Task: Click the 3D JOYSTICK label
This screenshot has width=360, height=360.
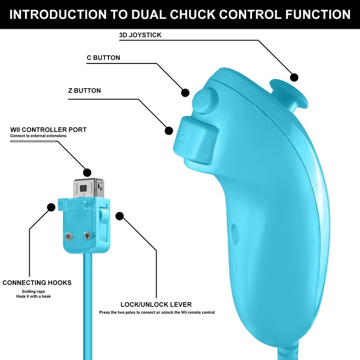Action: tap(140, 35)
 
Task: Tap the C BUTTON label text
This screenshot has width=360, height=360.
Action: tap(103, 58)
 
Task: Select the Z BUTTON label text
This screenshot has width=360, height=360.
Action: tap(85, 90)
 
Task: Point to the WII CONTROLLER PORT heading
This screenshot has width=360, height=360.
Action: tap(48, 130)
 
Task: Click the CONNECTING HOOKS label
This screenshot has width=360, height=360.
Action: tap(37, 283)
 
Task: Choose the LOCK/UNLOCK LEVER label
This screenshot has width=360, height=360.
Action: tap(156, 305)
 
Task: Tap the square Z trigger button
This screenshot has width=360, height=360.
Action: tap(196, 139)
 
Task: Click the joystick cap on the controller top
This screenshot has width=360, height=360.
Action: tap(288, 93)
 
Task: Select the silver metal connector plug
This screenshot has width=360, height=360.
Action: tap(88, 188)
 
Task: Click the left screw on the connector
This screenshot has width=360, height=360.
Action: tap(69, 236)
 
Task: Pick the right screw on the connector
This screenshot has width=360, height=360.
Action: tap(87, 235)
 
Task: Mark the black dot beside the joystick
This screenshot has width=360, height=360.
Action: tap(294, 77)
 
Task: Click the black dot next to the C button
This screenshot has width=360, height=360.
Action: tap(185, 93)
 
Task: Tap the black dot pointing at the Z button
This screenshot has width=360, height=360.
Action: tap(169, 131)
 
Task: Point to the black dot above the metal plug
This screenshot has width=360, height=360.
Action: tap(87, 172)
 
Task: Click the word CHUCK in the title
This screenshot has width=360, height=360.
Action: tap(193, 14)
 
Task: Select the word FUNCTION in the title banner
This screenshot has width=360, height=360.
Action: tap(318, 14)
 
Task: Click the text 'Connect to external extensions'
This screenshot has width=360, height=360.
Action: tap(38, 136)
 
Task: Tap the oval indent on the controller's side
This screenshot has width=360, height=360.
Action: tap(234, 234)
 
